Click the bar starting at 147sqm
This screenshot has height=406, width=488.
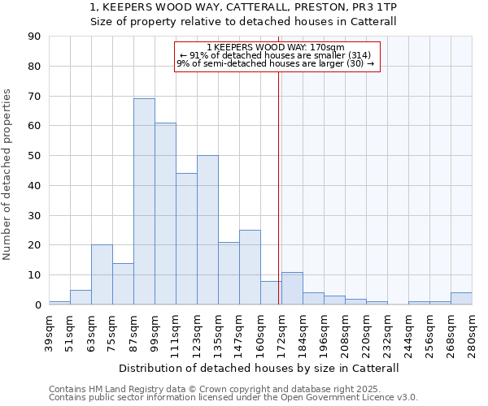point(250,267)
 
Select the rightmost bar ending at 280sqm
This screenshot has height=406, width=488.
point(461,298)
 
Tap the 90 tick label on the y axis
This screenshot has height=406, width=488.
point(35,37)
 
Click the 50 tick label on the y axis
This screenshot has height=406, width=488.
point(35,156)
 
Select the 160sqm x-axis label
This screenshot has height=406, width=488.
point(260,332)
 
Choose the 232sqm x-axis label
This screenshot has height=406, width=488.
point(387,332)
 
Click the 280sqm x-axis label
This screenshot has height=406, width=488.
point(472,332)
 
